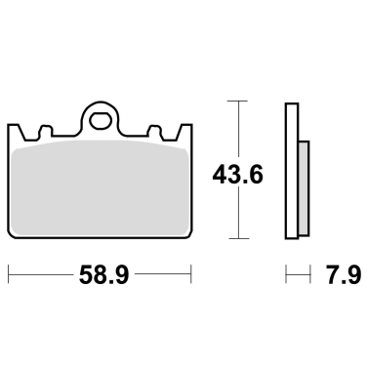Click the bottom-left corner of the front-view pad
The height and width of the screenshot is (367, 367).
click(x=13, y=237)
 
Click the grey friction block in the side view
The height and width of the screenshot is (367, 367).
click(x=303, y=187)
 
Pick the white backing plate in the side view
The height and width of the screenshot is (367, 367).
click(x=291, y=171)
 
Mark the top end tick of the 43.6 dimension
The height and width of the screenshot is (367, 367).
click(x=235, y=101)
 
